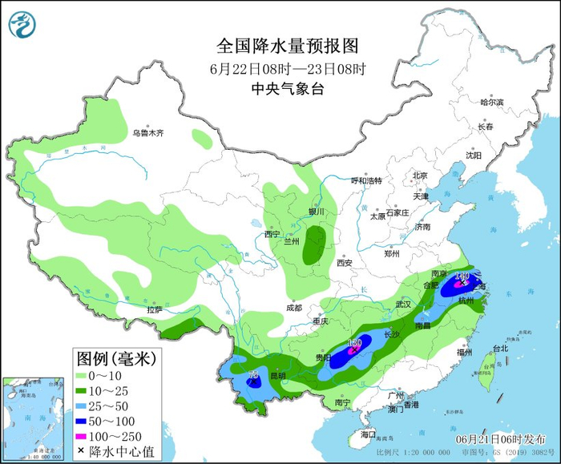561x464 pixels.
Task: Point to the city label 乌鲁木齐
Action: pos(148,133)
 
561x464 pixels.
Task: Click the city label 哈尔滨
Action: pos(491,103)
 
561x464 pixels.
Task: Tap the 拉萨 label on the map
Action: pos(154,309)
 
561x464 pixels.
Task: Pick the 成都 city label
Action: pos(293,308)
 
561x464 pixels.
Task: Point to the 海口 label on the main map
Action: pos(369,434)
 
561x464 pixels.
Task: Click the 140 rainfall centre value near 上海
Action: pos(462,276)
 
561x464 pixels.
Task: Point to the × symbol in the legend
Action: pos(81,451)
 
